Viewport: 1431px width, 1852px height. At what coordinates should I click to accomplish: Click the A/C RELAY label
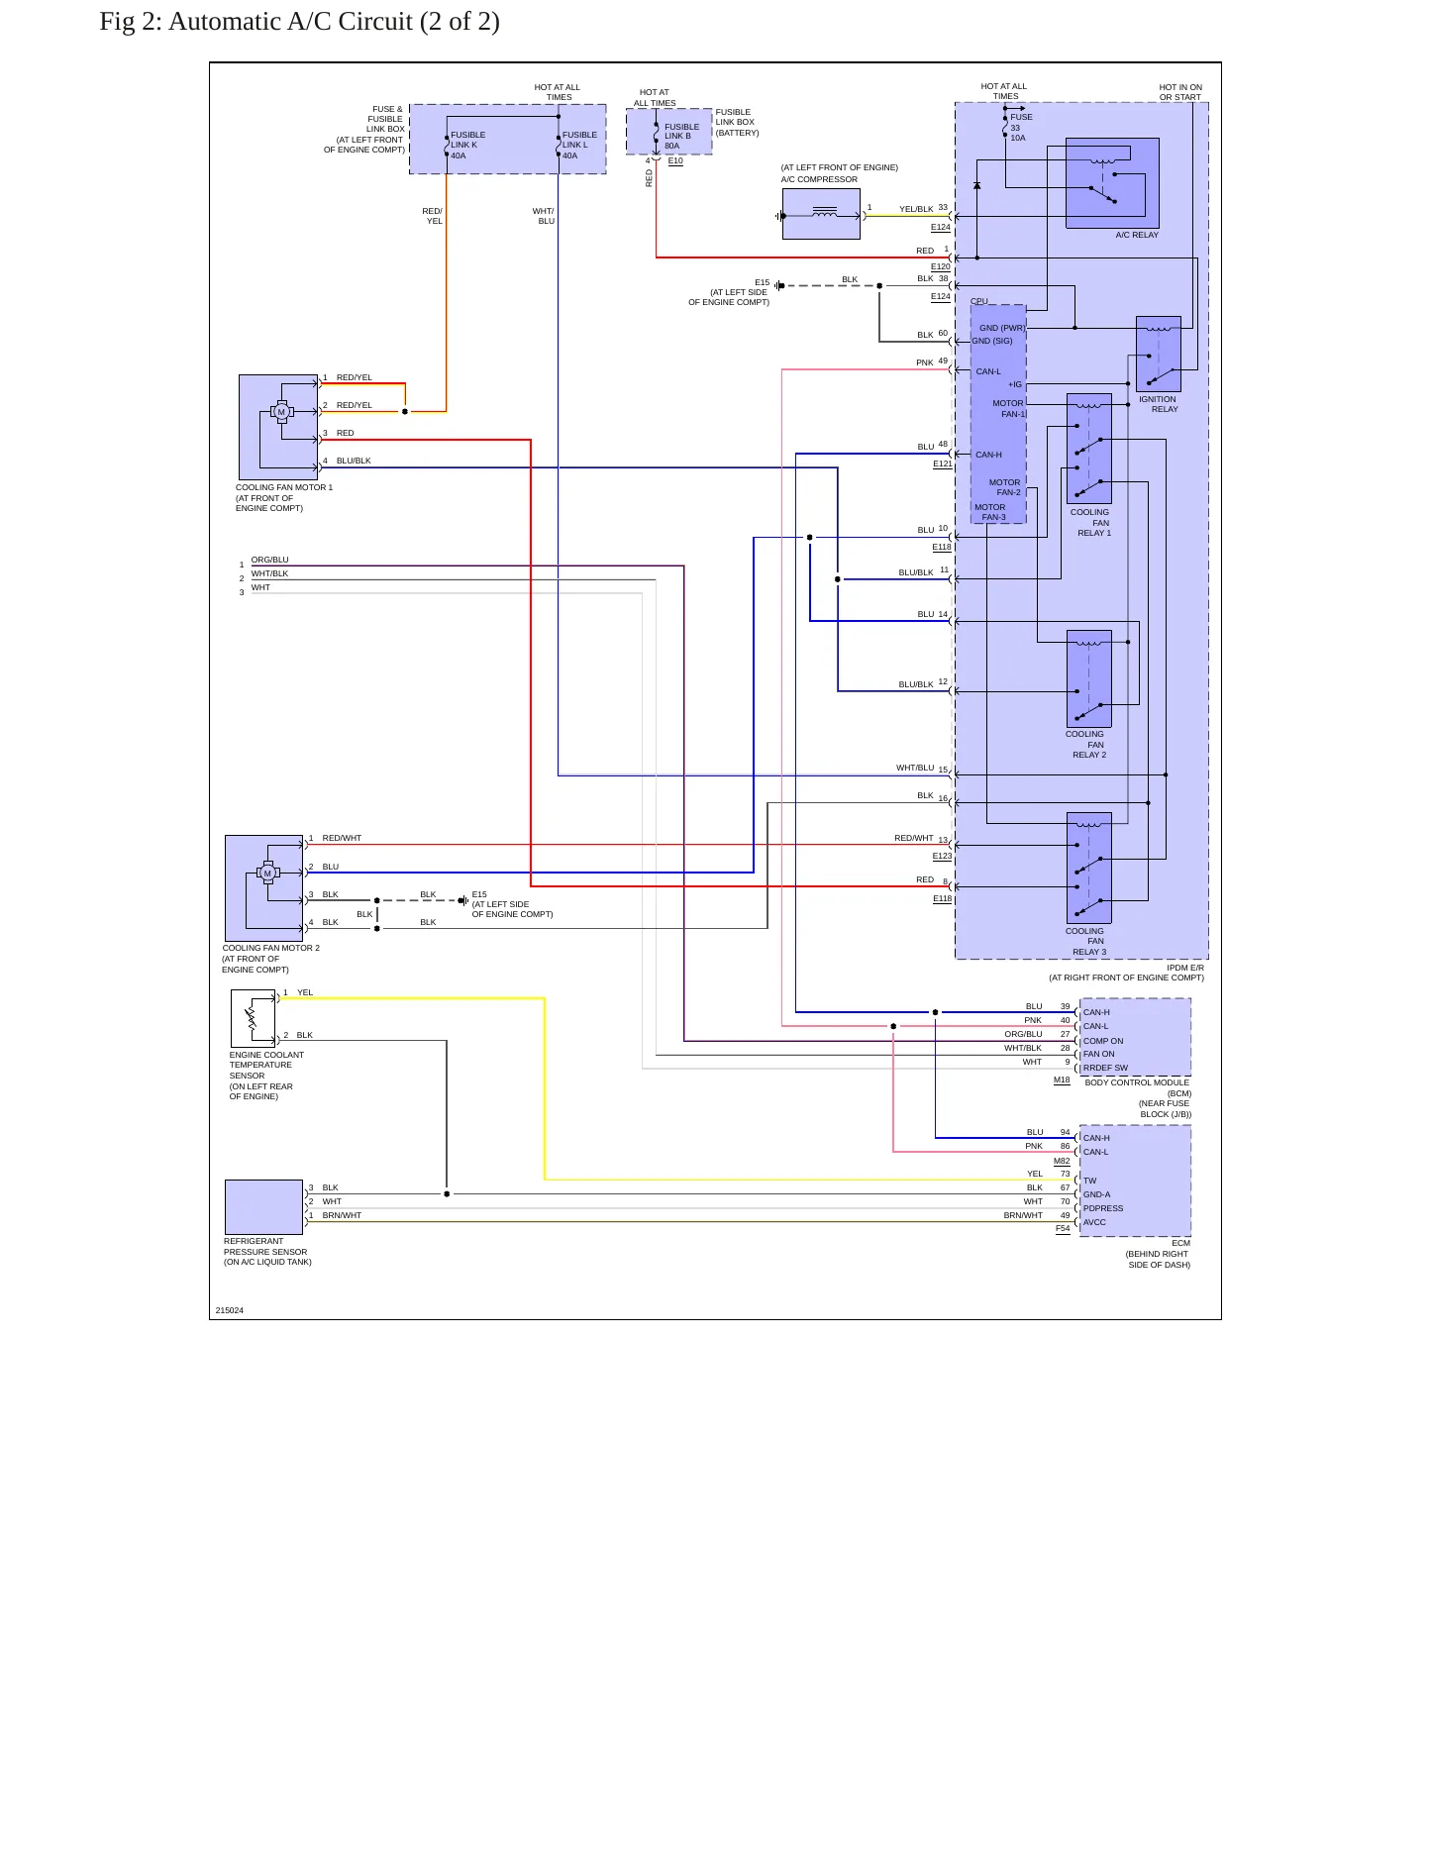tap(1137, 235)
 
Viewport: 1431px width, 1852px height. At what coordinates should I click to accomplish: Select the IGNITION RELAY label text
tap(1158, 404)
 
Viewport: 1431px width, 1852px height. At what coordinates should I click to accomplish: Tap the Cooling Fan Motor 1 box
tap(278, 427)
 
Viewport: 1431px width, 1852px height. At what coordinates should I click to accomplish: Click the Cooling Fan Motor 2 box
tap(264, 888)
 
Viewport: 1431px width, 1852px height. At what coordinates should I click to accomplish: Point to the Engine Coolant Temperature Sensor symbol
tap(253, 1018)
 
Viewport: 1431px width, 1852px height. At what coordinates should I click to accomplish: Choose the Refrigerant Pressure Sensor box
tap(263, 1207)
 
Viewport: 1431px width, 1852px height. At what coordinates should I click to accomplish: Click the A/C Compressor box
tap(821, 214)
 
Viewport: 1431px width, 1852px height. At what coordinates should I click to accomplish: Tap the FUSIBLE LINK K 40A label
tap(468, 145)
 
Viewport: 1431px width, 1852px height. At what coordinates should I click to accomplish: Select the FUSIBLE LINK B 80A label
tap(681, 136)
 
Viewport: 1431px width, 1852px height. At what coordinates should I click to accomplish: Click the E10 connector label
tap(675, 160)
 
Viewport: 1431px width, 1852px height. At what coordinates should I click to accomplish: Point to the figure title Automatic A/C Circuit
tap(299, 21)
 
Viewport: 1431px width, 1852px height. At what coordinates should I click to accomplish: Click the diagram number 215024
tap(230, 1310)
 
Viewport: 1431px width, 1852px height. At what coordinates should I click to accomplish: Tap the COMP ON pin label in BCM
tap(1103, 1041)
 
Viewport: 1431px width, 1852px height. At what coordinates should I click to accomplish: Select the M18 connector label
tap(1062, 1080)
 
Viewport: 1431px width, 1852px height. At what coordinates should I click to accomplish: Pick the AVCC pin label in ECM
tap(1094, 1222)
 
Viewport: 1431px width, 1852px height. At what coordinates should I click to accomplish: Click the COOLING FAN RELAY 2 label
tap(1088, 745)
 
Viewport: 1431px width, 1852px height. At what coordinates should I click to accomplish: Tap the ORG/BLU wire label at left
tap(270, 560)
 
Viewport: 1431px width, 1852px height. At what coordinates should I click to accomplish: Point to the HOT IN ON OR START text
tap(1180, 92)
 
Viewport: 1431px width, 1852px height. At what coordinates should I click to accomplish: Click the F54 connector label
tap(1063, 1228)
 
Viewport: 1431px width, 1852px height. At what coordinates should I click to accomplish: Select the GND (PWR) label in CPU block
tap(1002, 328)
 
